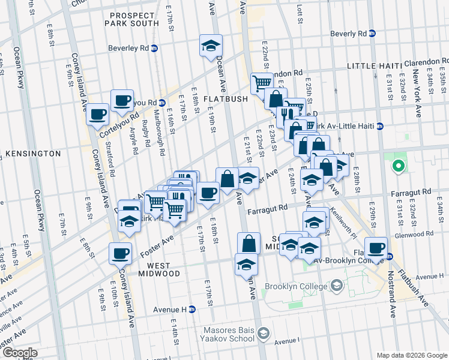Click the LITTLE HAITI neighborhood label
373,67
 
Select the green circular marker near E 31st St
397,166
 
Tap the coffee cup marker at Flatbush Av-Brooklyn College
376,247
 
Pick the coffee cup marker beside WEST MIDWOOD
120,253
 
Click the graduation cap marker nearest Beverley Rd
211,46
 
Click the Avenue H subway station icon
192,310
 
